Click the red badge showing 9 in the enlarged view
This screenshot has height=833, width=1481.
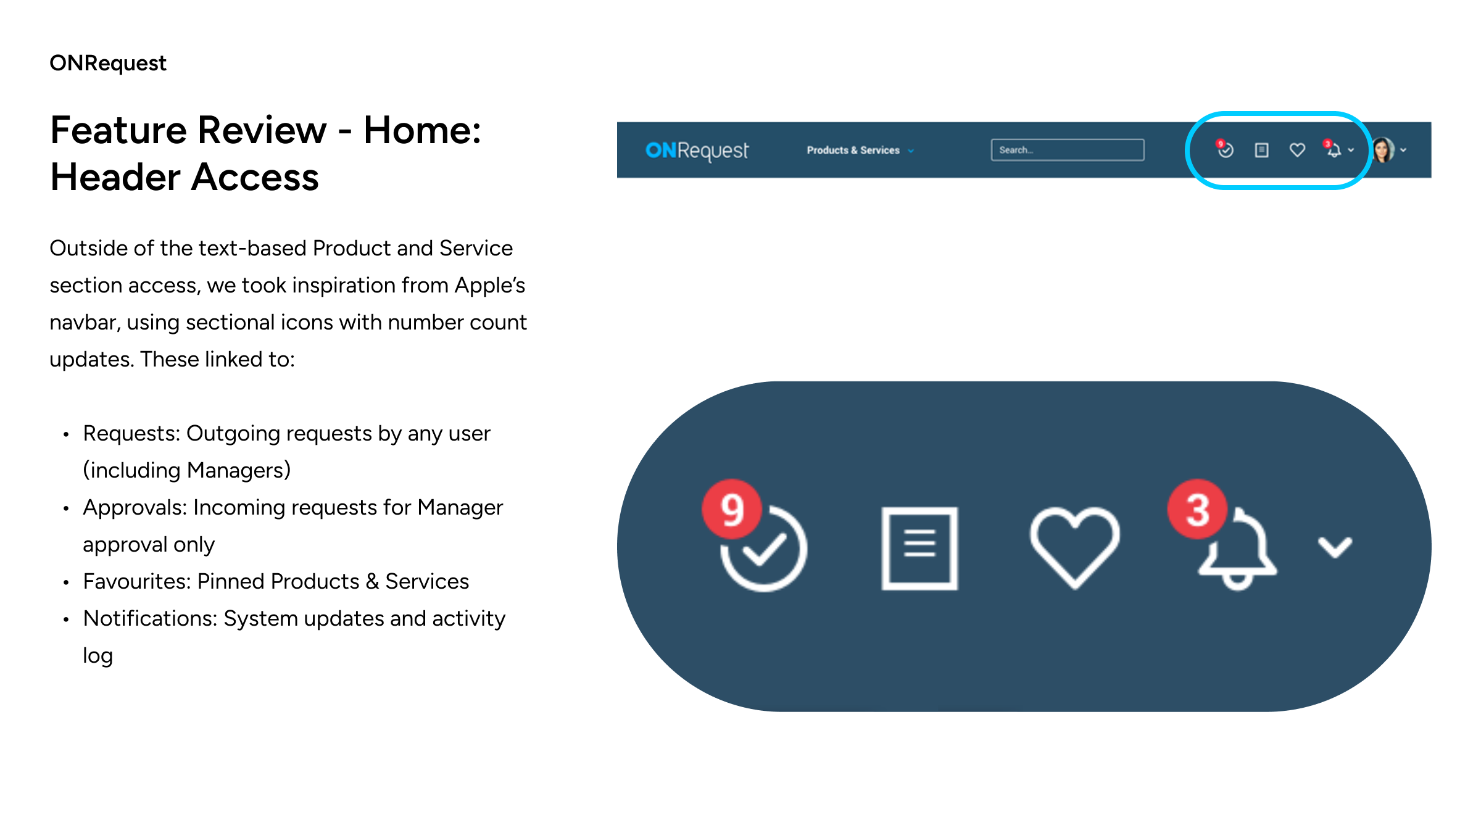point(732,509)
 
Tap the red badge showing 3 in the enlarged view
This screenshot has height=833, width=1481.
point(1198,509)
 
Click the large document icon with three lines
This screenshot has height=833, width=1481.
point(919,549)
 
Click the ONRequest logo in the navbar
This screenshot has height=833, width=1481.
point(697,150)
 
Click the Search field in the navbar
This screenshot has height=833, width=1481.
point(1068,150)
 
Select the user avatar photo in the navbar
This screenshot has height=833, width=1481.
point(1383,150)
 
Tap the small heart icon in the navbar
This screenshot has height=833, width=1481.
point(1297,150)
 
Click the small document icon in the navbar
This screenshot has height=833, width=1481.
point(1262,150)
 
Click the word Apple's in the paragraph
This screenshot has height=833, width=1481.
point(490,286)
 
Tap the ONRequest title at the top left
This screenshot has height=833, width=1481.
point(108,63)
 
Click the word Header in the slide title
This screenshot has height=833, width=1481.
point(115,178)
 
